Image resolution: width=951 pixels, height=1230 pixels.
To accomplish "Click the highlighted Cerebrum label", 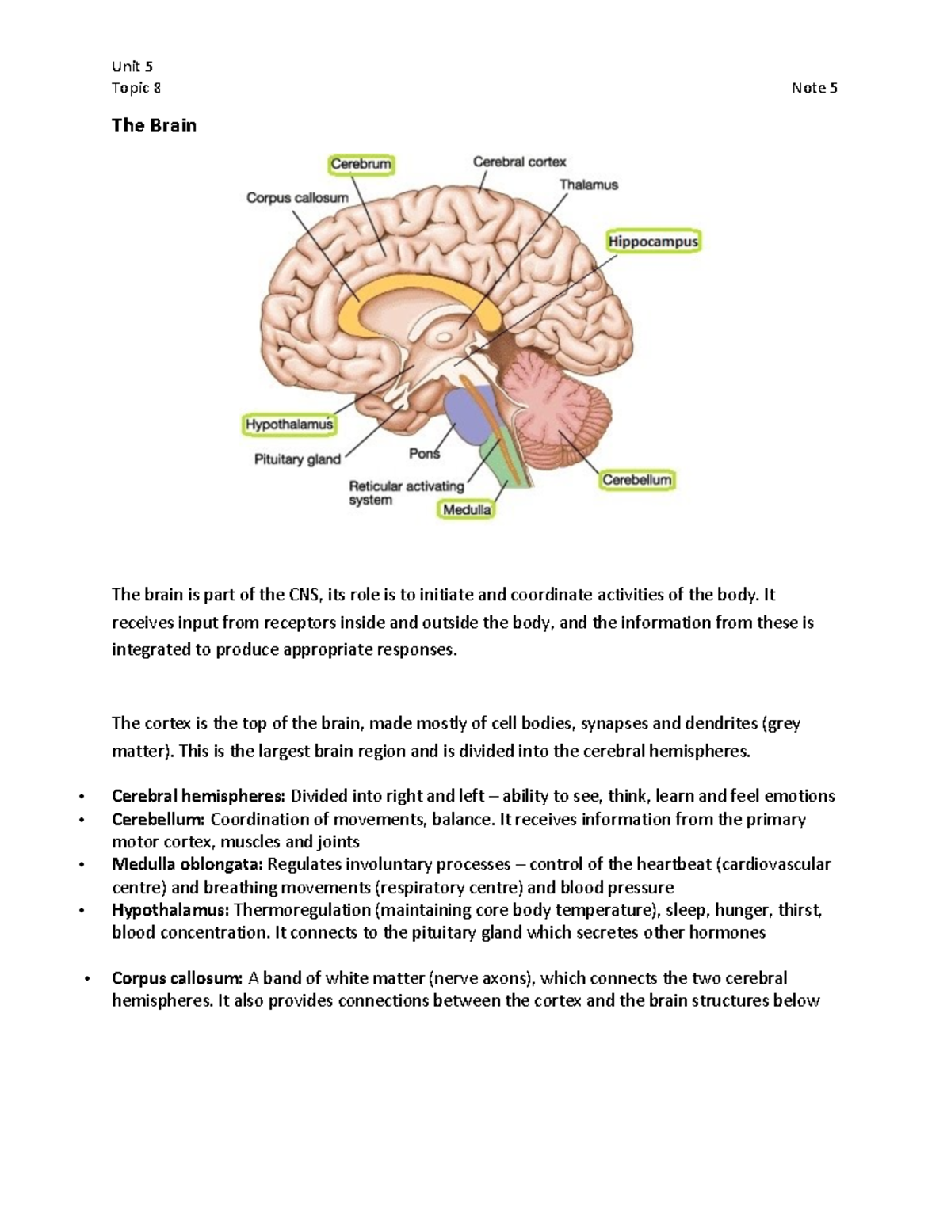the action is tap(361, 165).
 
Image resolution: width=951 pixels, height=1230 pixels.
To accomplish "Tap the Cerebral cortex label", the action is tap(519, 162).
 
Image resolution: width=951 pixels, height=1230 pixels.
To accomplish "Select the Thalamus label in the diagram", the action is tap(588, 185).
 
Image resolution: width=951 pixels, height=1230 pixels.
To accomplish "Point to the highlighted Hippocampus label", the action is tap(653, 241).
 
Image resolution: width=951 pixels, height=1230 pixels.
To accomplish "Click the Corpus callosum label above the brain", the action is tap(297, 198).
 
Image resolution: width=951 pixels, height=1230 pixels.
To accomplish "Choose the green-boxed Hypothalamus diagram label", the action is tap(289, 425).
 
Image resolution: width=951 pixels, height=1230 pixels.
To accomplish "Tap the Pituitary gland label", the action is tap(297, 459).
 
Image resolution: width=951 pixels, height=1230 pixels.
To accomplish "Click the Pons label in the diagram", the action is tap(424, 454).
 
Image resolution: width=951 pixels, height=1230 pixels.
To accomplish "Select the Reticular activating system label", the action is tap(406, 493).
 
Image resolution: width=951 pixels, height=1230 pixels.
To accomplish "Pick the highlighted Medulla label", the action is tap(467, 510).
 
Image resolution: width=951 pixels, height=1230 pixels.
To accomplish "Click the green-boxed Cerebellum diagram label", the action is tap(636, 479).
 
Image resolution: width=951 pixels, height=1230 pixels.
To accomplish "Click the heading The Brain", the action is tap(154, 126).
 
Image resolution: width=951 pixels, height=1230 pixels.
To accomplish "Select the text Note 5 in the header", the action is tap(814, 88).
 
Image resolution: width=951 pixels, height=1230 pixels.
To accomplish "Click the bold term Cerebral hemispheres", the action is tap(199, 796).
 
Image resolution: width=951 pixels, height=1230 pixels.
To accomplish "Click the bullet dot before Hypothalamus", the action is tap(82, 911).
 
